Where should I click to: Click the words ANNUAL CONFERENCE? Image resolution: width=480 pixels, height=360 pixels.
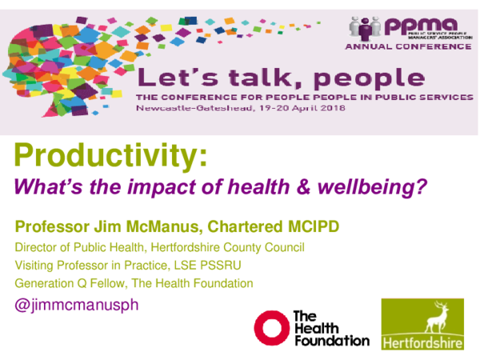pos(408,46)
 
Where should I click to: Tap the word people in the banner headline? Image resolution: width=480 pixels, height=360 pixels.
pos(374,78)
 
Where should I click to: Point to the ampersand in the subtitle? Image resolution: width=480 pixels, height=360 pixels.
pos(308,189)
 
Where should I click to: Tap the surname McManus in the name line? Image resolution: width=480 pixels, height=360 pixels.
pos(157,226)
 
